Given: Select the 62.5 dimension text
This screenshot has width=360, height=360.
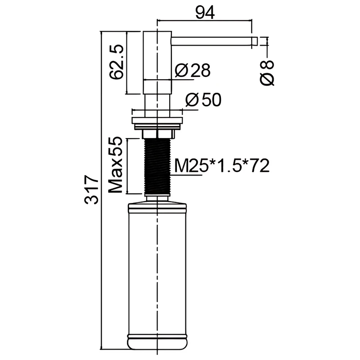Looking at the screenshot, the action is (117, 62).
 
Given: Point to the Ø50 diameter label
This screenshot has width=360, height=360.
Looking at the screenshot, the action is (203, 100).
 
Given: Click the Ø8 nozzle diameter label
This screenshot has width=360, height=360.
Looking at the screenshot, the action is (267, 73).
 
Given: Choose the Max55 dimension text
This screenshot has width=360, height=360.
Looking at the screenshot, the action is (115, 165).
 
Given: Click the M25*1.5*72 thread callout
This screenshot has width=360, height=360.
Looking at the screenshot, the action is (222, 166).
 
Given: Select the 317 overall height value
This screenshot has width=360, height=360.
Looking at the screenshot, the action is (91, 189).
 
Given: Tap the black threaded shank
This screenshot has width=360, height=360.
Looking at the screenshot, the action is (157, 166).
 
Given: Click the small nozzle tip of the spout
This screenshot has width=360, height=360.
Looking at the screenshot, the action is (254, 41).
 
